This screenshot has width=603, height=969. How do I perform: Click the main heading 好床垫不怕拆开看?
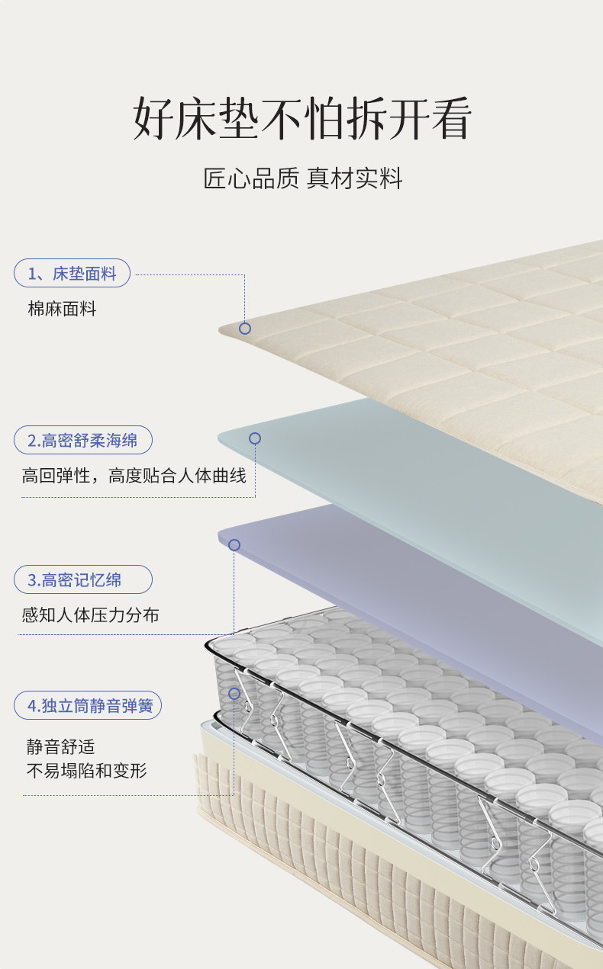tap(302, 119)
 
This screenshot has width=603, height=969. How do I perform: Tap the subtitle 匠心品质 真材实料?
tap(302, 178)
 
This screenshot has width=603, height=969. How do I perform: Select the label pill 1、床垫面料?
tap(73, 273)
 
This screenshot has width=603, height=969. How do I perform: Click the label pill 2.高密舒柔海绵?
tap(82, 440)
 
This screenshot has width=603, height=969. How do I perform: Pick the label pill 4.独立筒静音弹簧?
tap(88, 705)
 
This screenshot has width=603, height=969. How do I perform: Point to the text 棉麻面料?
tap(63, 309)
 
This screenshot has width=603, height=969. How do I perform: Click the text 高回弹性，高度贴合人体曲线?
tap(134, 476)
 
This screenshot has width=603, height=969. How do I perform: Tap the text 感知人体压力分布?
tap(90, 614)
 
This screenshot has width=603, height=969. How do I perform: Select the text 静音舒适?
tap(61, 746)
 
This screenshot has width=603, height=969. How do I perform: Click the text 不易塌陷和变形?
tap(86, 771)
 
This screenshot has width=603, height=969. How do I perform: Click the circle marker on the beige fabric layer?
tap(245, 329)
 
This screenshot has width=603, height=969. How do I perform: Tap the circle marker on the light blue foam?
tap(255, 438)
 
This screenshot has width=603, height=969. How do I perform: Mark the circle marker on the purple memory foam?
tap(234, 545)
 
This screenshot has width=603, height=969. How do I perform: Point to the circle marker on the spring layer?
tap(234, 694)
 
